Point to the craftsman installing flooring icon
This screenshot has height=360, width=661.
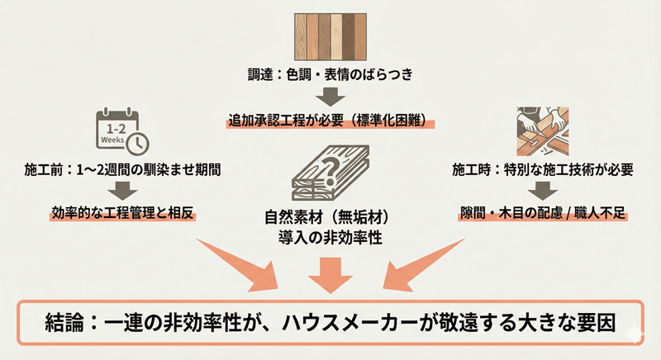541,130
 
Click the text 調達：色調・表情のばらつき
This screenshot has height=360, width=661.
330,74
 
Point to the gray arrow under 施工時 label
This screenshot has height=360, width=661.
541,192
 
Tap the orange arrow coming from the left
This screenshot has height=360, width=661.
240,265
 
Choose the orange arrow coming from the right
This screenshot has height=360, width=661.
421,265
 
